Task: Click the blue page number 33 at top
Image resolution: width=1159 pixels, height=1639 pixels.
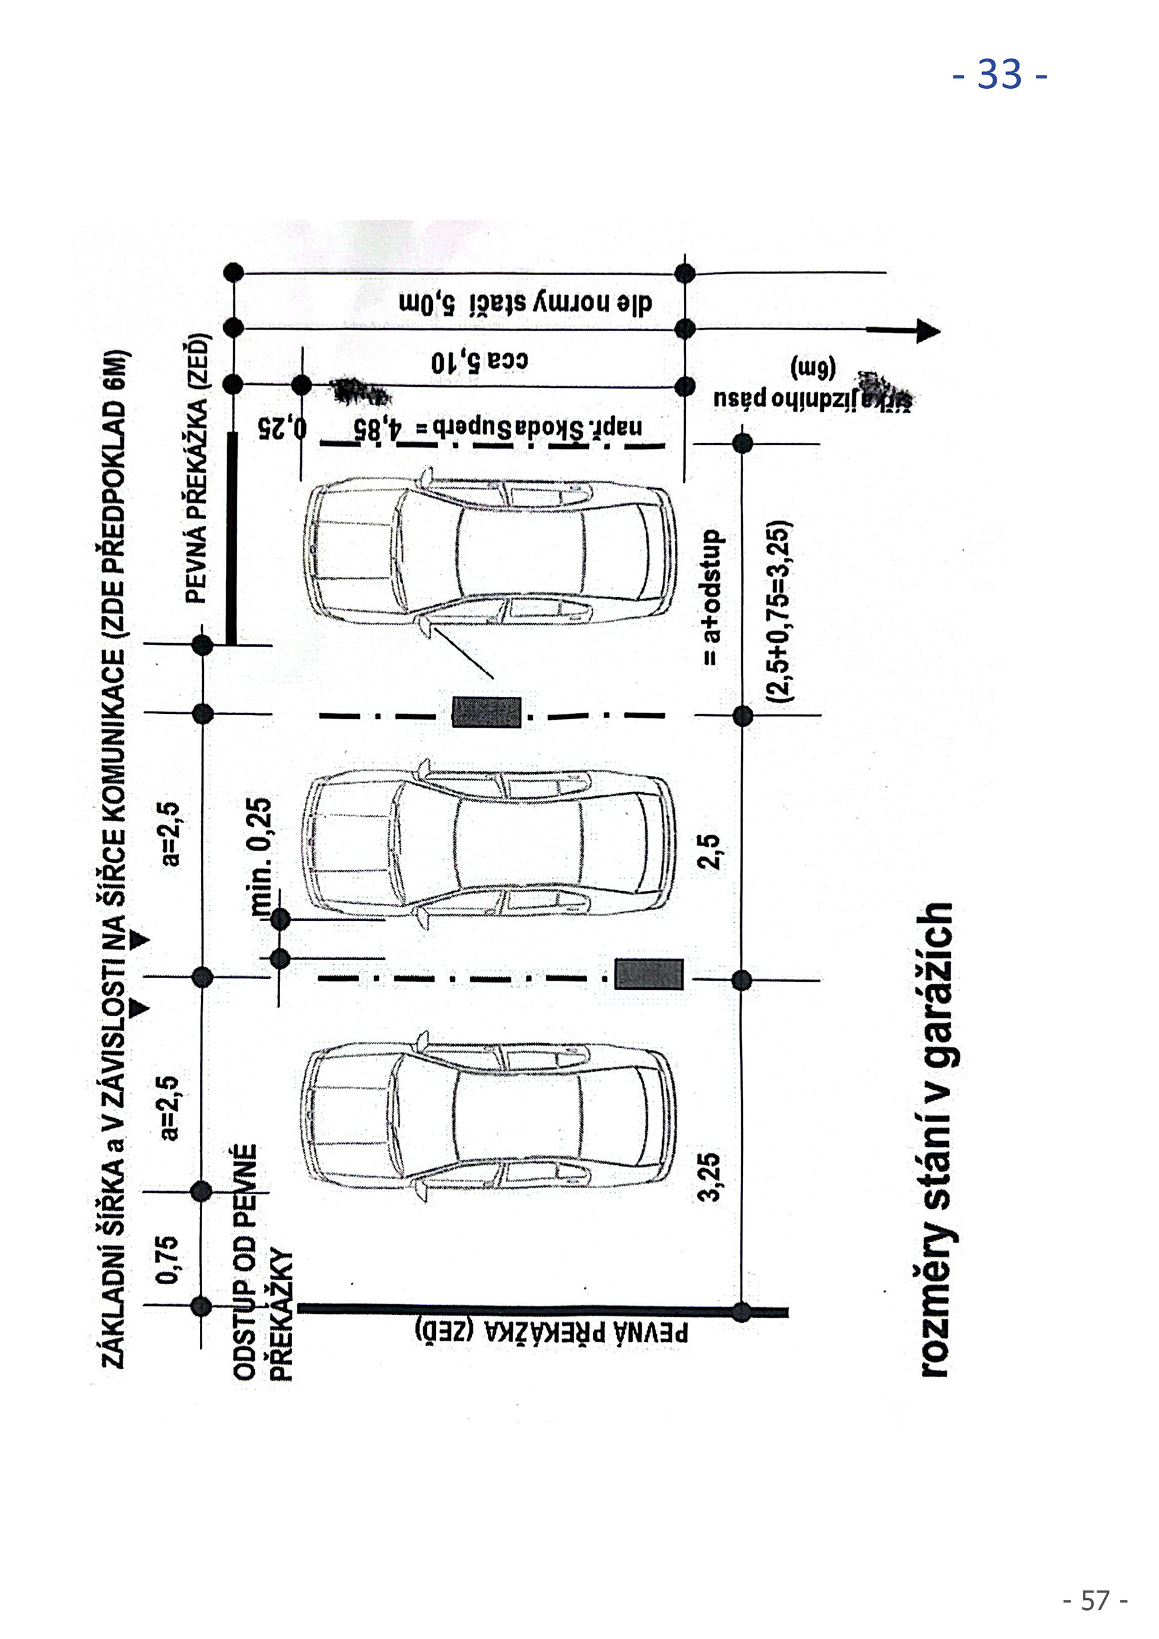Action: pyautogui.click(x=1000, y=74)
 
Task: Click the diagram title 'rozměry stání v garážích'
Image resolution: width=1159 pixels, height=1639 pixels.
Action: pyautogui.click(x=937, y=1139)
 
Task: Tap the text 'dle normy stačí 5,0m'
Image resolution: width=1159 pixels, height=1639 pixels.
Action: pyautogui.click(x=526, y=304)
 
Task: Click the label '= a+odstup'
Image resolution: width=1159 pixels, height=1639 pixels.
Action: pyautogui.click(x=712, y=597)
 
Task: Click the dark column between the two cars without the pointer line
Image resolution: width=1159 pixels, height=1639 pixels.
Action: pyautogui.click(x=648, y=975)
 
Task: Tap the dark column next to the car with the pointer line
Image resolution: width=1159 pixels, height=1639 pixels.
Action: pyautogui.click(x=487, y=711)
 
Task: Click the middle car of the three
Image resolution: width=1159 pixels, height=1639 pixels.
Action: pyautogui.click(x=488, y=845)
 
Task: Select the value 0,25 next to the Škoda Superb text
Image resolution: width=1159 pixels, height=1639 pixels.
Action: pyautogui.click(x=282, y=428)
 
